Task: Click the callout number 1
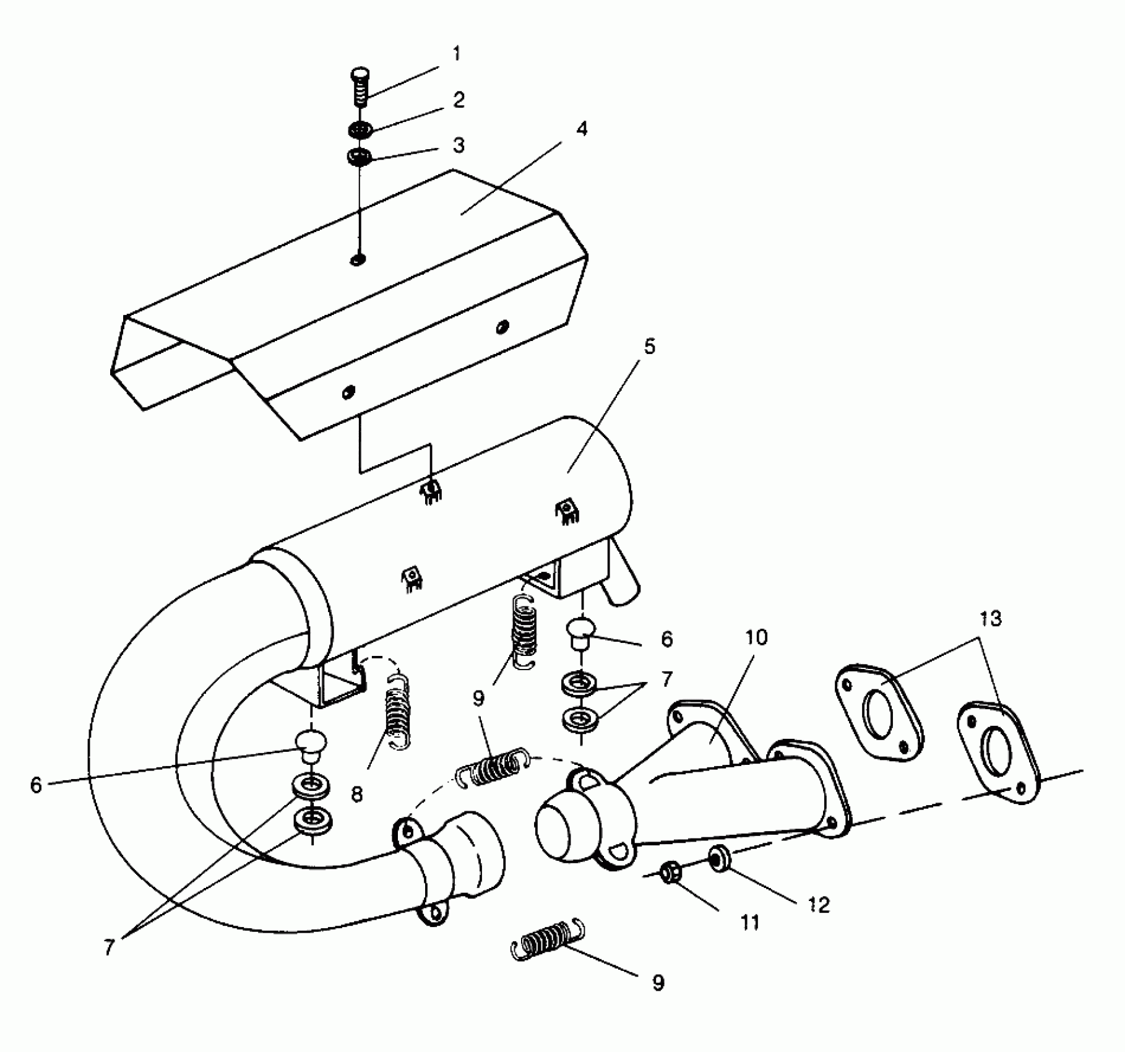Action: [457, 54]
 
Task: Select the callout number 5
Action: [649, 347]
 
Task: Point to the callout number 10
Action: [756, 637]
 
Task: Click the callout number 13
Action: [991, 618]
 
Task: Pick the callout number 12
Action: [819, 905]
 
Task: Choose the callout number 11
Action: [749, 923]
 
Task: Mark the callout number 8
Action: [356, 795]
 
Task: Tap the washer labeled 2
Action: [360, 131]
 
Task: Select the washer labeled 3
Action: [359, 157]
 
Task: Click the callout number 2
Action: [459, 100]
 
